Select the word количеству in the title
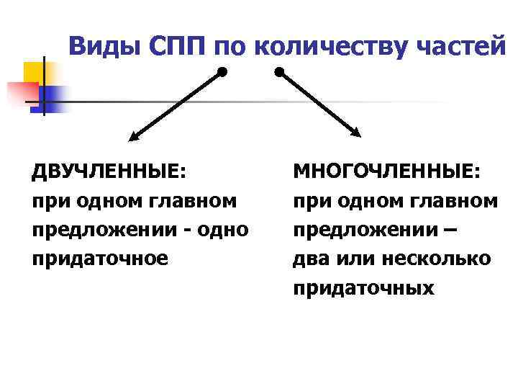[324, 48]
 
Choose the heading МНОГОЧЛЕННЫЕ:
[388, 173]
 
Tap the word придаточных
[363, 288]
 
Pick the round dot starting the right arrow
[279, 72]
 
